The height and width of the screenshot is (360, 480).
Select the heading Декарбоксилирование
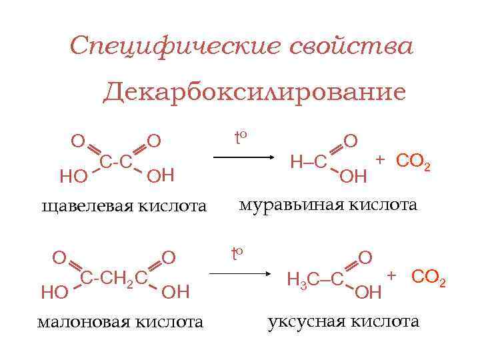pos(254,91)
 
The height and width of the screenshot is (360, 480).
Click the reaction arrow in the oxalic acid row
pos(243,157)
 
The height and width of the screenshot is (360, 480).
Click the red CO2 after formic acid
pos(413,162)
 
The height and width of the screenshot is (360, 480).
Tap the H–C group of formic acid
pos(308,161)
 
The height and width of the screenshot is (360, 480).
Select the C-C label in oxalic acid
pos(115,162)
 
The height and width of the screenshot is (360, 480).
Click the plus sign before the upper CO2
pos(380,159)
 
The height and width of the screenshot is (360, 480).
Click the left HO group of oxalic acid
pos(73,177)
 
